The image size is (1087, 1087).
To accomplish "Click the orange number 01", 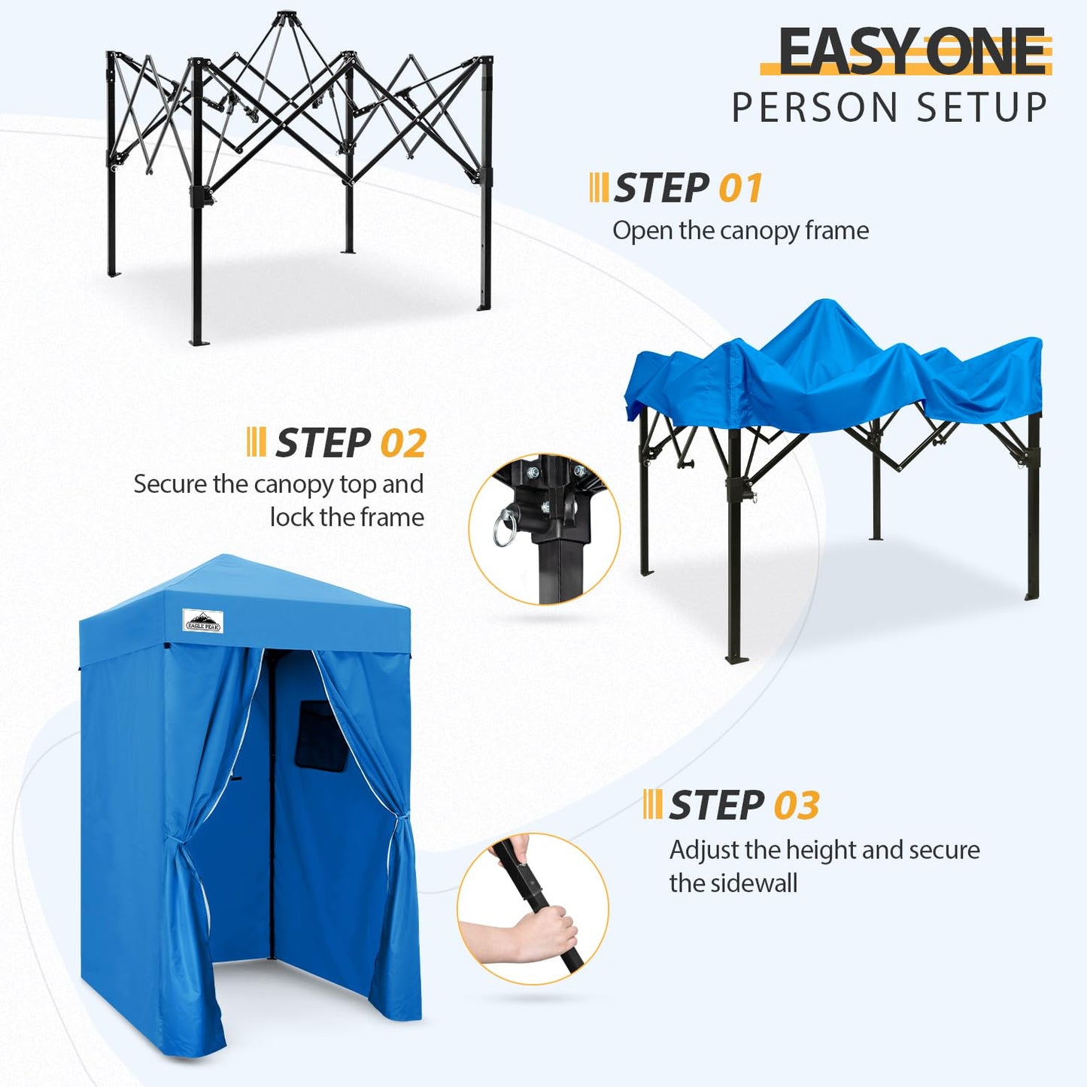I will [x=740, y=188].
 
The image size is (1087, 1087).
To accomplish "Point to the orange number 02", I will [x=403, y=443].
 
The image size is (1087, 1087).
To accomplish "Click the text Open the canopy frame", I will [x=740, y=230].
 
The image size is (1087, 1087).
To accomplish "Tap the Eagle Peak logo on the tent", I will [x=203, y=621].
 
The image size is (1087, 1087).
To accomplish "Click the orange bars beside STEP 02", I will [x=256, y=442].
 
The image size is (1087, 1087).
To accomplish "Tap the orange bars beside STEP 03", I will [x=652, y=804].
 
